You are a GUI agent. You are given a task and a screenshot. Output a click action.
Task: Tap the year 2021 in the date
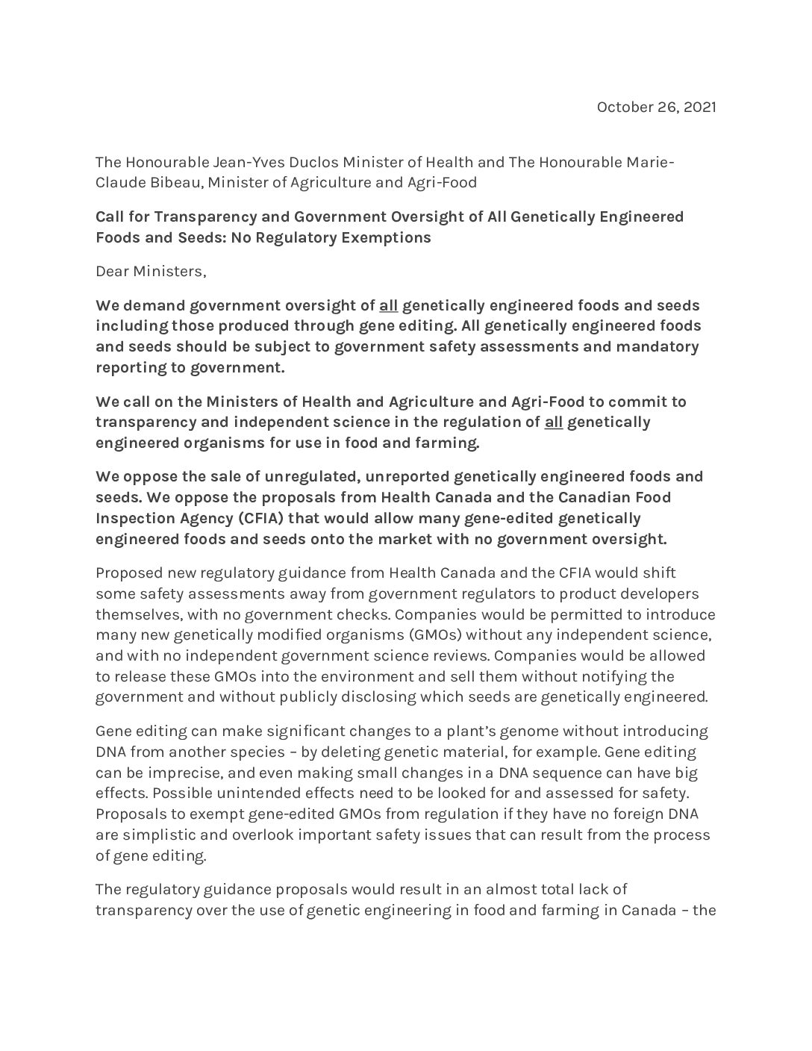point(700,107)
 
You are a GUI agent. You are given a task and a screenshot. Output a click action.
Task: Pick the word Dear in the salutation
point(111,271)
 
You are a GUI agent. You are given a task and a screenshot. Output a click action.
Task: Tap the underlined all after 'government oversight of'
point(388,305)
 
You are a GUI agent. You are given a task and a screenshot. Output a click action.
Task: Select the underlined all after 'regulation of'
point(553,422)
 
